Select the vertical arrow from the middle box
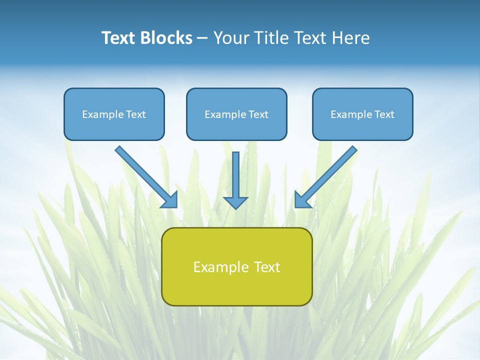tap(235, 175)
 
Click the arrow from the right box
tap(330, 172)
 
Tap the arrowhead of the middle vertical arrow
tap(235, 202)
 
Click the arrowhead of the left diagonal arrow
tap(170, 200)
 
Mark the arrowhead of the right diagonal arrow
tap(302, 200)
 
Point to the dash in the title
tap(202, 38)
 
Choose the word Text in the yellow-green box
tap(267, 267)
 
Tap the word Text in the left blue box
tap(136, 114)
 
